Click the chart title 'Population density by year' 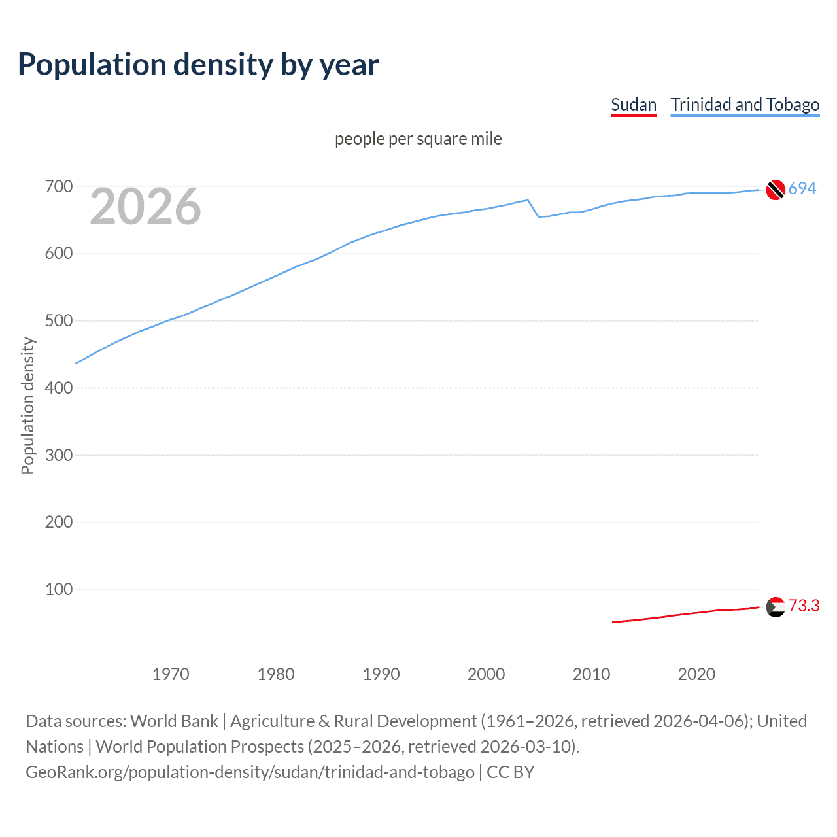(x=198, y=65)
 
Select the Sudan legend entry (x=633, y=105)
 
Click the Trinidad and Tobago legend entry (x=745, y=105)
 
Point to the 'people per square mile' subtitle (x=418, y=139)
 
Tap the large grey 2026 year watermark (x=145, y=207)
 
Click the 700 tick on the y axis (x=59, y=187)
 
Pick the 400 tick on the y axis (x=59, y=388)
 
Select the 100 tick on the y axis (x=59, y=589)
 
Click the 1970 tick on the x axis (x=171, y=674)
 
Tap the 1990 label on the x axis (x=381, y=674)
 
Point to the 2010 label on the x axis (x=591, y=674)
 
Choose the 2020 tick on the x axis (x=696, y=674)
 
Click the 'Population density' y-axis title (x=27, y=405)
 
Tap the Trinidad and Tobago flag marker (x=776, y=190)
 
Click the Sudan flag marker (x=776, y=607)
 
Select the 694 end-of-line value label (x=802, y=188)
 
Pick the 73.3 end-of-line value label (x=804, y=606)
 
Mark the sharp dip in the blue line (x=538, y=216)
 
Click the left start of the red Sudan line (x=613, y=622)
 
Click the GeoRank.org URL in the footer (x=250, y=772)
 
